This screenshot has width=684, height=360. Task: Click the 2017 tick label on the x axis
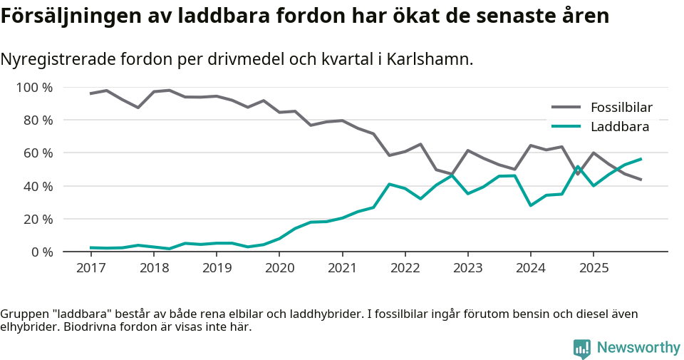[x=91, y=268]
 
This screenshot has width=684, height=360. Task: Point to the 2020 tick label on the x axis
[x=279, y=268]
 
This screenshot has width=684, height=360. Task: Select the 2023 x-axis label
[x=467, y=268]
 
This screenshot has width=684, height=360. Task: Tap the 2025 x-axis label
[x=593, y=268]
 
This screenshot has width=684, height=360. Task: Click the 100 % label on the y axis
[x=34, y=88]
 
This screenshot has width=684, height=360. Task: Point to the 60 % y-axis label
[x=37, y=153]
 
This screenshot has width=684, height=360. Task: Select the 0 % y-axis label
[x=41, y=252]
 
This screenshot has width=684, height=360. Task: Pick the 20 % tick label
[x=37, y=219]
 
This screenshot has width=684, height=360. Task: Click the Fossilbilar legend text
[x=621, y=108]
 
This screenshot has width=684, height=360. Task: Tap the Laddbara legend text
[x=619, y=127]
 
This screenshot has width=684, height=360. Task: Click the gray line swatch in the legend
[x=566, y=108]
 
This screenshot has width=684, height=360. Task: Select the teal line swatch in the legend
[x=566, y=127]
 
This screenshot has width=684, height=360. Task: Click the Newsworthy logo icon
[x=582, y=348]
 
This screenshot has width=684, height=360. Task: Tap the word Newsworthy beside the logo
[x=638, y=348]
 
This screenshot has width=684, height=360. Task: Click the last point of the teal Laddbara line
[x=641, y=159]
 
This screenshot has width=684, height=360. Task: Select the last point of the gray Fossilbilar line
[x=641, y=180]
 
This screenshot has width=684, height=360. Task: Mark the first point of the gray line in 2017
[x=91, y=93]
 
